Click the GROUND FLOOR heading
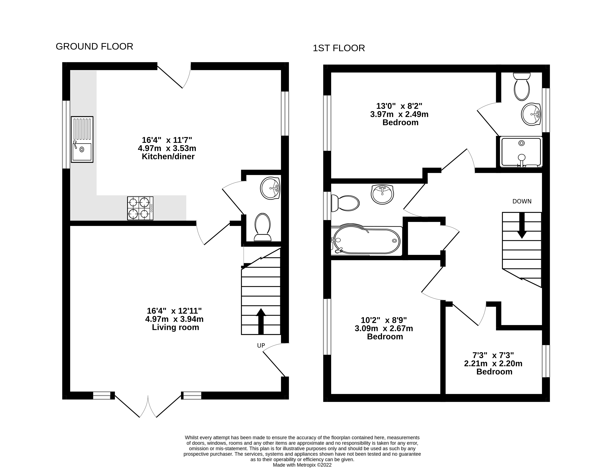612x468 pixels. point(94,47)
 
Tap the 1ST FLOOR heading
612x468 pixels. point(339,48)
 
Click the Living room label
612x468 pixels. point(176,327)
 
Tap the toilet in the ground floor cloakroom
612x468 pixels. point(262,227)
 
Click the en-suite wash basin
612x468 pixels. point(531,114)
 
